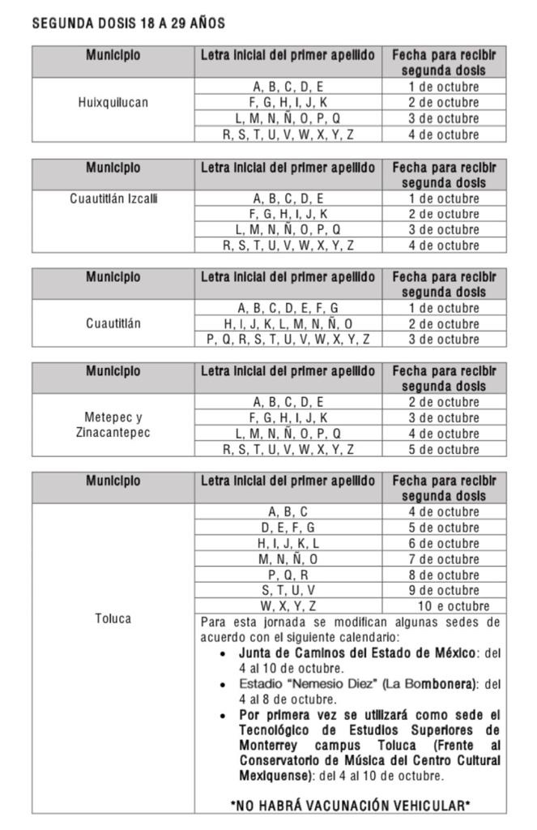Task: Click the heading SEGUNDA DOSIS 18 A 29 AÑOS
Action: pos(128,24)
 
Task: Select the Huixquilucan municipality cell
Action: pos(113,103)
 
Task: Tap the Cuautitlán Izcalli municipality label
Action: pos(113,199)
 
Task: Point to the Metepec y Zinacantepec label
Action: pos(113,425)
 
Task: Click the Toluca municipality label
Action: pos(113,618)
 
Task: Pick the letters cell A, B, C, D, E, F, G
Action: pos(288,308)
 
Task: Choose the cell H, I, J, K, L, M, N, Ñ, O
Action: pos(288,323)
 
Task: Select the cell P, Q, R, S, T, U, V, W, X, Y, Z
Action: pos(288,340)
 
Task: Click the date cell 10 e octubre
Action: pos(454,605)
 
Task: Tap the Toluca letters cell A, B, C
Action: pos(288,512)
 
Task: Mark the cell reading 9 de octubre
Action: pos(444,590)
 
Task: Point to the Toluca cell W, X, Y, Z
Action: pos(288,605)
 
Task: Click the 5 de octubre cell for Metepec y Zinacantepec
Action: pos(444,449)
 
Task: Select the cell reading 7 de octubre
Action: pos(444,559)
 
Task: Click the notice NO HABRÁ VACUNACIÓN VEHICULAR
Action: pos(351,805)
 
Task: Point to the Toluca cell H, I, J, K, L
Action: pos(288,543)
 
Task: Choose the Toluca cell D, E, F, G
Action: pos(288,528)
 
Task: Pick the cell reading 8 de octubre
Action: pos(444,575)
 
